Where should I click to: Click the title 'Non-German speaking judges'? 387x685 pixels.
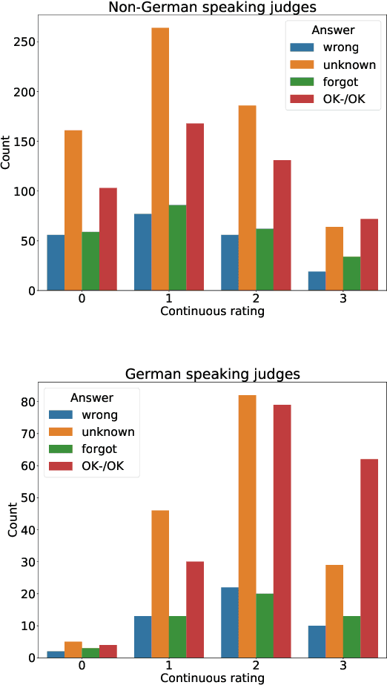tap(211, 8)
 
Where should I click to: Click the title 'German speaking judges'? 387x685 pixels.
tap(211, 374)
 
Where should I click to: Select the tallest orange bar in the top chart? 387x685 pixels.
tap(160, 159)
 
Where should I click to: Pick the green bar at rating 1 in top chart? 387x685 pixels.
tap(177, 248)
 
